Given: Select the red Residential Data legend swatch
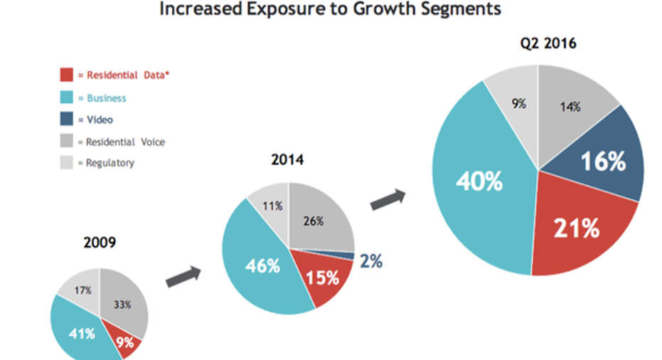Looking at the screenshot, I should [65, 74].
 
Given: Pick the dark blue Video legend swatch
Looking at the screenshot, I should [65, 120].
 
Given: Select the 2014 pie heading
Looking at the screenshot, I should [287, 160].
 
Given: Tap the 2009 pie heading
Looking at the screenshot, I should [99, 242].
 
